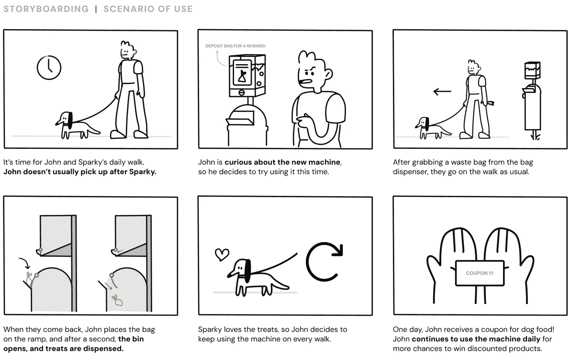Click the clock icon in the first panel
49,67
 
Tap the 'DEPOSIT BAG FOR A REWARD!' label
235,46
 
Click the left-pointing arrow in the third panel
442,91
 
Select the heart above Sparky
221,254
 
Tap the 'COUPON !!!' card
479,273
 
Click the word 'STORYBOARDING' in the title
46,9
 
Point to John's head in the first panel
127,49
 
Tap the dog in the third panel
429,127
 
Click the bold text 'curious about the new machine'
282,162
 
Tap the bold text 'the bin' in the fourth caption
131,339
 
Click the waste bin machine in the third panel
532,101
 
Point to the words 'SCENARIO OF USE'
148,9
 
